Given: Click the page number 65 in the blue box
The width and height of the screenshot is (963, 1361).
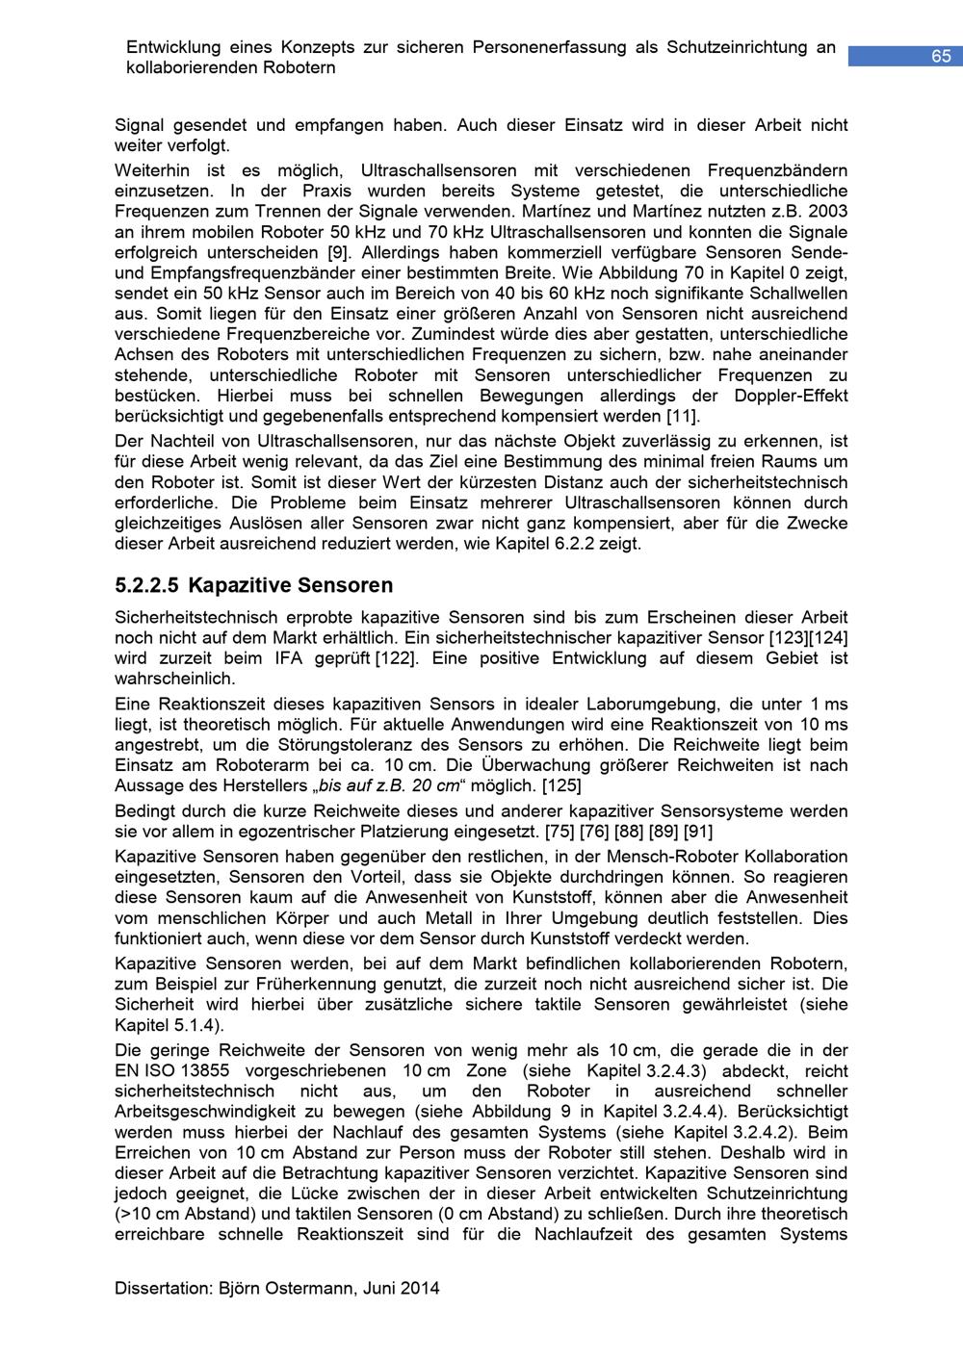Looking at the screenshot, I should pos(940,57).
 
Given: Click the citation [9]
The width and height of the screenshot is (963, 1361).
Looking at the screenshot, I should pos(340,252).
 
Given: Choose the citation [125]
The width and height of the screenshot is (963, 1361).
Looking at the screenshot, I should pos(560,785).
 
